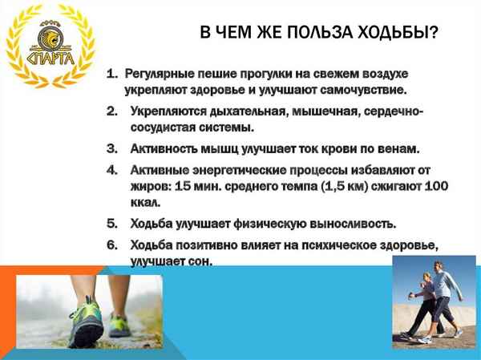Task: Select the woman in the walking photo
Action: coord(422,305)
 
